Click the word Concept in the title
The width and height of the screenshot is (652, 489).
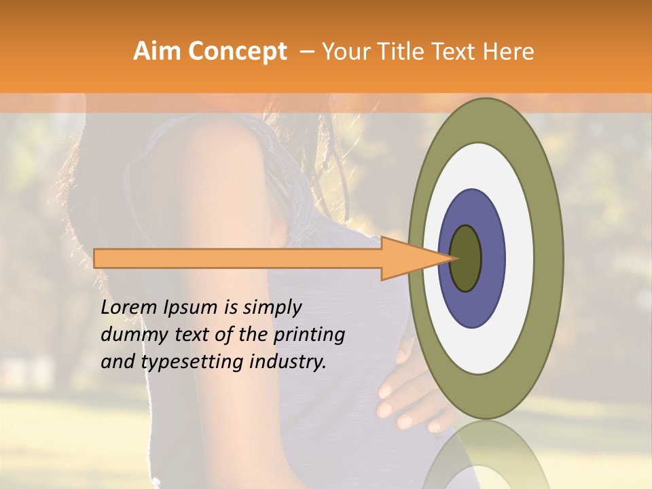pyautogui.click(x=238, y=52)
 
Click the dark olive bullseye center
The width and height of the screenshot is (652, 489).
pyautogui.click(x=466, y=258)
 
